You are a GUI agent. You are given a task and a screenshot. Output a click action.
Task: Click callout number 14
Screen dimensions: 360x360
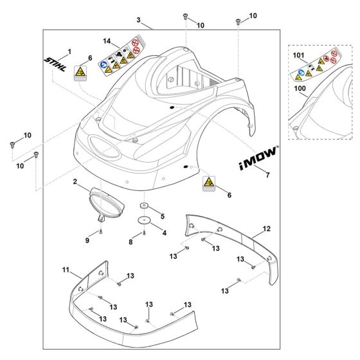(x=107, y=41)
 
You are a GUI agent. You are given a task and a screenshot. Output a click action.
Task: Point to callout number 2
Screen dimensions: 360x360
(x=76, y=183)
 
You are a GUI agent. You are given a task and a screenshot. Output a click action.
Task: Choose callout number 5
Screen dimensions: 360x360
(x=163, y=216)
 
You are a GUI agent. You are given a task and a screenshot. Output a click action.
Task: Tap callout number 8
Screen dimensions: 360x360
(x=131, y=242)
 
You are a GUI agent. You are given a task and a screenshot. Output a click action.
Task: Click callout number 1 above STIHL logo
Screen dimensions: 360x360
(x=69, y=50)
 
